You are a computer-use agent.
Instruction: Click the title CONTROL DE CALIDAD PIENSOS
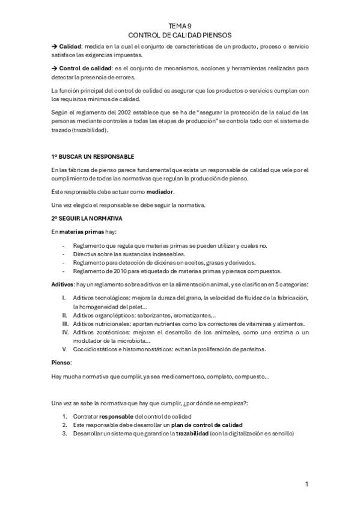[180, 35]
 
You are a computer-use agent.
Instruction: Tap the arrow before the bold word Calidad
[54, 46]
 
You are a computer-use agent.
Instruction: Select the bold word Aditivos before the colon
[63, 284]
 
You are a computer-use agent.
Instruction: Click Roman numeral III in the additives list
[65, 323]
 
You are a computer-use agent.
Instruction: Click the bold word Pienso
[61, 363]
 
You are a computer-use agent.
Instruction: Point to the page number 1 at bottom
[307, 484]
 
